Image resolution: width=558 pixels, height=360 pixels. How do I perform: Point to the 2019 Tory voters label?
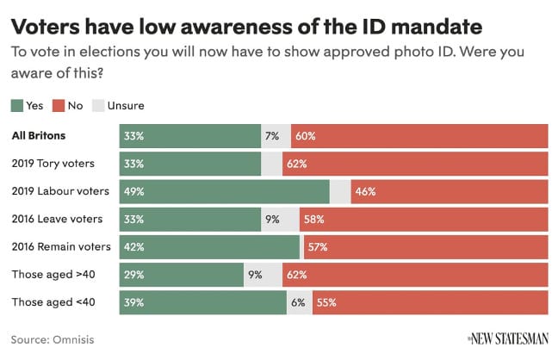(53, 164)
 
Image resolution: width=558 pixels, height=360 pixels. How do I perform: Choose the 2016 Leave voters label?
(58, 219)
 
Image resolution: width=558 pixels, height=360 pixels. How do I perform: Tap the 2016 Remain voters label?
(62, 247)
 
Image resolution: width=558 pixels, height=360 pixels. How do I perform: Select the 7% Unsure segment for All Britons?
(272, 136)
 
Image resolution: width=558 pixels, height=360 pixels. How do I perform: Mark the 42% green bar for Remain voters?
(209, 247)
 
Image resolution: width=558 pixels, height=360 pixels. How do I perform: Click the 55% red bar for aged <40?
(430, 303)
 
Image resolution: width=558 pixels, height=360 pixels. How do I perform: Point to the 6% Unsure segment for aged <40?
(299, 303)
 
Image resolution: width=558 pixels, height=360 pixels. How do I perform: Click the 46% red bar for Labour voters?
(449, 191)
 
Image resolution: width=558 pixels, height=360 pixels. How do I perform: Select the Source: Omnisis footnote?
(53, 339)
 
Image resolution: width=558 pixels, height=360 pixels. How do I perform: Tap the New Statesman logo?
(507, 338)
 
